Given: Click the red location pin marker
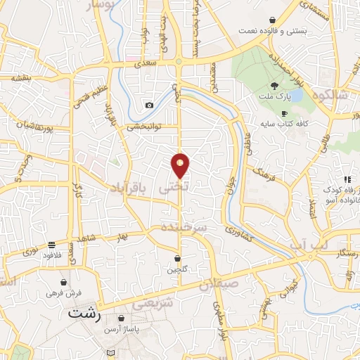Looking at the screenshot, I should (181, 165).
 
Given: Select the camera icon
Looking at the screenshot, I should (149, 105).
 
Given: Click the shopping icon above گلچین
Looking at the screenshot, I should (177, 258).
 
